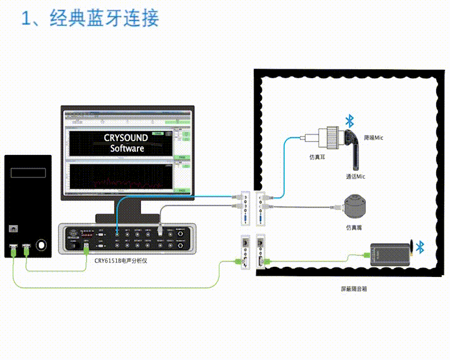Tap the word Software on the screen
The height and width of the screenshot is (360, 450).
point(127,149)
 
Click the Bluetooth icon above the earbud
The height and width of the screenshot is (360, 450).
point(351,120)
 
